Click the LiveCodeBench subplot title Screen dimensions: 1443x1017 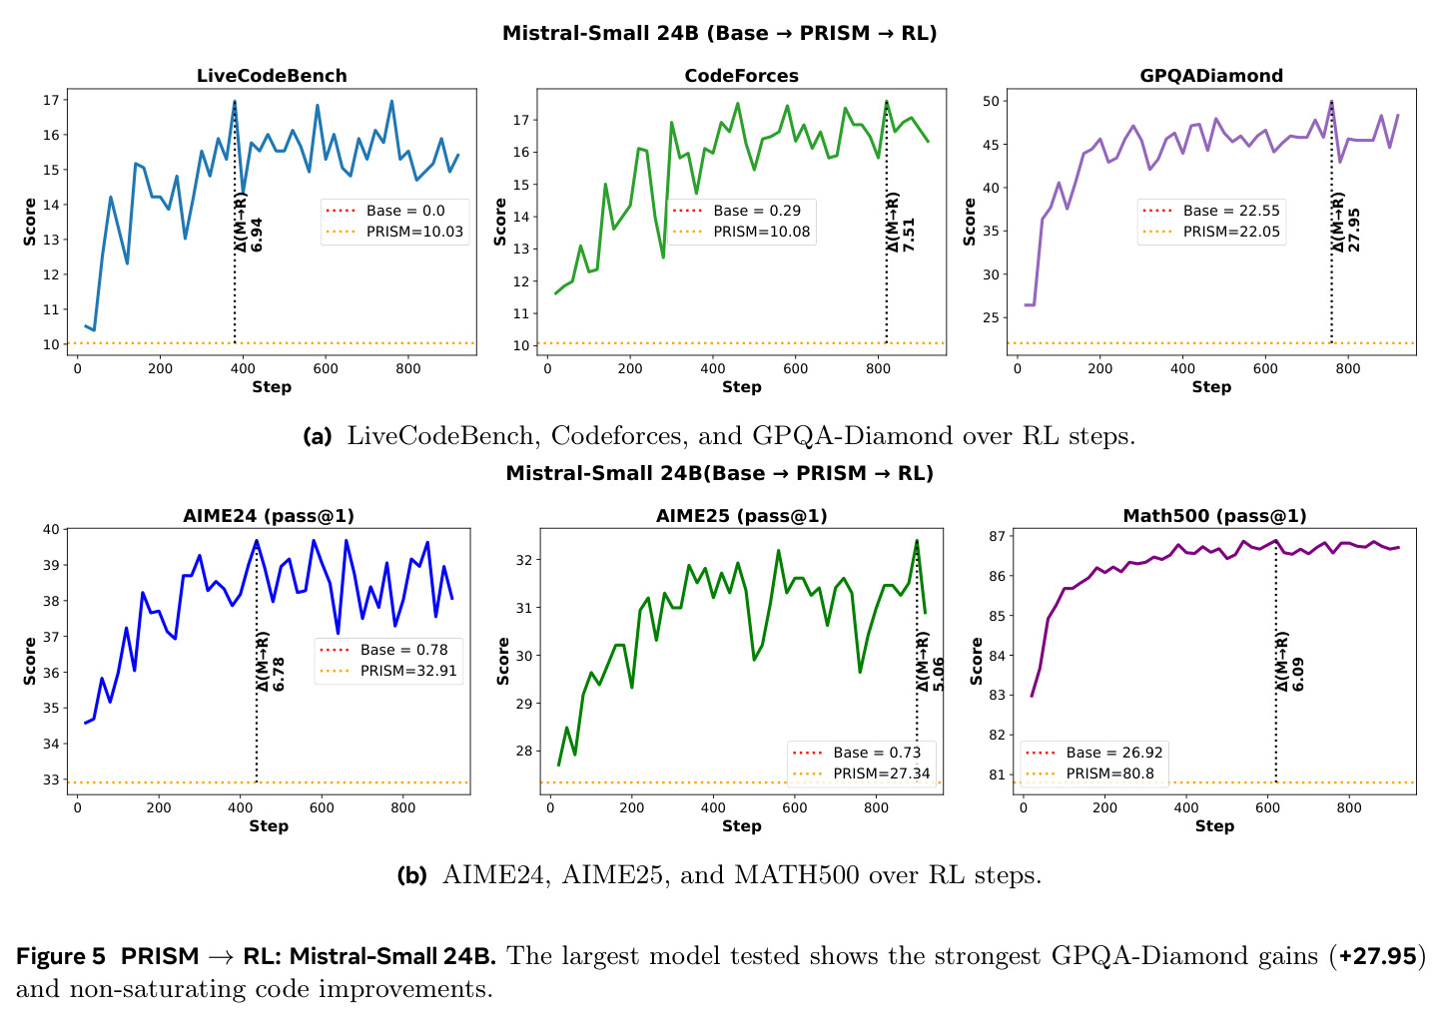(272, 76)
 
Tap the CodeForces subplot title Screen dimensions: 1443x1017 (741, 76)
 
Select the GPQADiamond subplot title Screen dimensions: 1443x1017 (1211, 76)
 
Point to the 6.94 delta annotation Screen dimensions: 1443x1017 (257, 235)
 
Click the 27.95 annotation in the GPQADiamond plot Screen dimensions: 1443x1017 (1354, 230)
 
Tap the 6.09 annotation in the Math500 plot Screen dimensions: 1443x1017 (1298, 674)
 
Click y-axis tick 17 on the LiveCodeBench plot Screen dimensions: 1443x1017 (51, 101)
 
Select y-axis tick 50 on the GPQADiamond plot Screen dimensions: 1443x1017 (991, 101)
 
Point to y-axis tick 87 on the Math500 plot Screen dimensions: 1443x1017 (996, 536)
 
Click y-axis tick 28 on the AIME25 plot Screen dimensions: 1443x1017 (523, 752)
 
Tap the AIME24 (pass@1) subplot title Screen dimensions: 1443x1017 (269, 516)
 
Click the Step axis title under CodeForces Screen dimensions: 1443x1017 (741, 387)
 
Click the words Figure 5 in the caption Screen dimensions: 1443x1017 (61, 956)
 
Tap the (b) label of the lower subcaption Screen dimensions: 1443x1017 (412, 875)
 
